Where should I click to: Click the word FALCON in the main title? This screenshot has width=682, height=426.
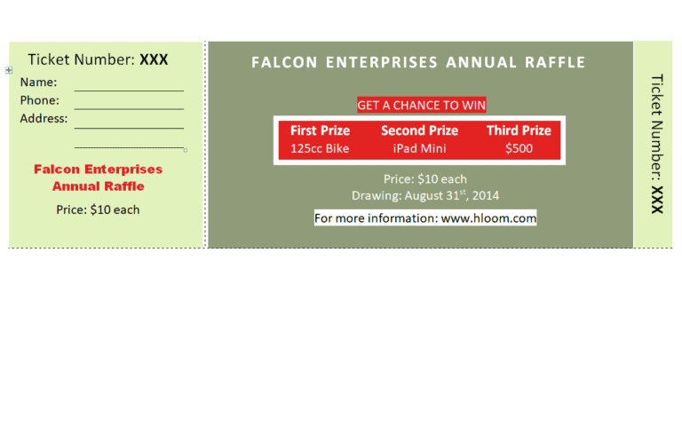pyautogui.click(x=284, y=63)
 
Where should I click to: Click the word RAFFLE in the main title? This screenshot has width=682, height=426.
pyautogui.click(x=555, y=63)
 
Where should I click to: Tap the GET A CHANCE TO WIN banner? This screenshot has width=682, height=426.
pyautogui.click(x=422, y=106)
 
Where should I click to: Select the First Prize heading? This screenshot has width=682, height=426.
pyautogui.click(x=320, y=130)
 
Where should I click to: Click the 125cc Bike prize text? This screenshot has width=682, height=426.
pyautogui.click(x=320, y=149)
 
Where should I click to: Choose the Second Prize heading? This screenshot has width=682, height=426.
pyautogui.click(x=420, y=130)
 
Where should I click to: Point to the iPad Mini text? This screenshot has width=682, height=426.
pyautogui.click(x=420, y=149)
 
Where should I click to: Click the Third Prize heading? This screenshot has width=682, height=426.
pyautogui.click(x=519, y=130)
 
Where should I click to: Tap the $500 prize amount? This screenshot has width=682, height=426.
pyautogui.click(x=519, y=149)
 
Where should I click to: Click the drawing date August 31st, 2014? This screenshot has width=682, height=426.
pyautogui.click(x=452, y=195)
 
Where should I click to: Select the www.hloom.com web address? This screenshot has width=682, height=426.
pyautogui.click(x=488, y=218)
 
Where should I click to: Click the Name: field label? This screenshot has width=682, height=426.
pyautogui.click(x=38, y=83)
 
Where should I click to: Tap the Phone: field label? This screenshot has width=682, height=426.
pyautogui.click(x=40, y=100)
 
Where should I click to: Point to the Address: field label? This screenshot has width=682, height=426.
pyautogui.click(x=44, y=119)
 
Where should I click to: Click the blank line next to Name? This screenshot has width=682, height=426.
pyautogui.click(x=129, y=91)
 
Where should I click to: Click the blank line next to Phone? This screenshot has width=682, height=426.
pyautogui.click(x=129, y=108)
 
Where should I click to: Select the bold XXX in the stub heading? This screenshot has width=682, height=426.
pyautogui.click(x=154, y=60)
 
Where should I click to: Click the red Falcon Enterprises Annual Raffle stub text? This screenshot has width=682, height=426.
pyautogui.click(x=99, y=177)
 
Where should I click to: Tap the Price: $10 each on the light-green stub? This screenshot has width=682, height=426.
pyautogui.click(x=98, y=210)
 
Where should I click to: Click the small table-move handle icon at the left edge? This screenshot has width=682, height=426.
pyautogui.click(x=9, y=69)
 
